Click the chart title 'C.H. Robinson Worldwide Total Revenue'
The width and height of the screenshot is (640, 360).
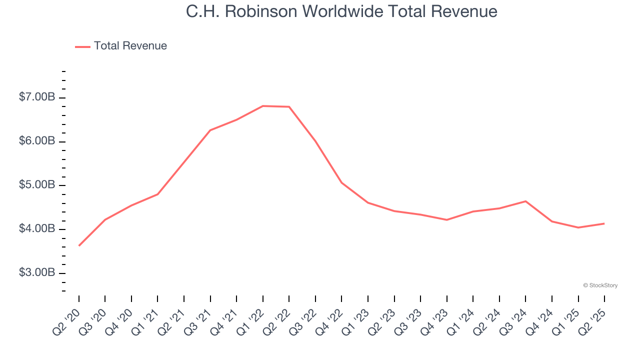click(341, 11)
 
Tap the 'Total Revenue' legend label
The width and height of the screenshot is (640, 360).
click(130, 46)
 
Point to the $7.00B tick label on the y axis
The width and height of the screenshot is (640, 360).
click(37, 97)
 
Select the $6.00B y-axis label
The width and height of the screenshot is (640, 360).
click(37, 141)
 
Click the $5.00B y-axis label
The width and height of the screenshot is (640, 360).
click(37, 185)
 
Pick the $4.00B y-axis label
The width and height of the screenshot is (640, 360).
click(37, 229)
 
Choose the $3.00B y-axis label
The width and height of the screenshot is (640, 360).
click(37, 273)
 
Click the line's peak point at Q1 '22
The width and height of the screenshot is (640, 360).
click(263, 106)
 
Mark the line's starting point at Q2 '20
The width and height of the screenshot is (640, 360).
click(79, 245)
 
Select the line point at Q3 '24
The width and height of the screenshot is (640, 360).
click(525, 201)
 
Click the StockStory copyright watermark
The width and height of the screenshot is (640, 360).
click(600, 285)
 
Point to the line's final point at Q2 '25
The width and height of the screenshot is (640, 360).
click(604, 223)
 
